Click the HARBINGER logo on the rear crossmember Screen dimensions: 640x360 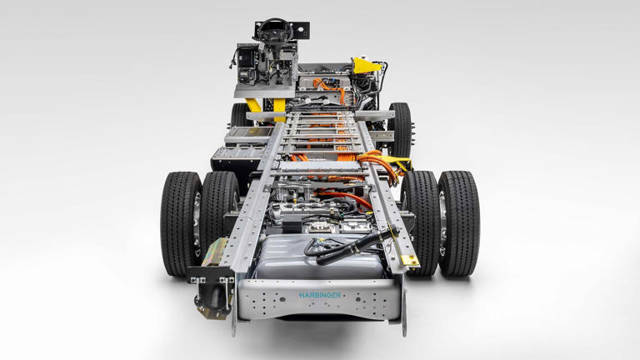point(320,295)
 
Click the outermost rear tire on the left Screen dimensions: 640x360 point(181,223)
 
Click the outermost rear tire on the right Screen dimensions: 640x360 point(458,223)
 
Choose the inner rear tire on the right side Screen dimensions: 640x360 point(421,222)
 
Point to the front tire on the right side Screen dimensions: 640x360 point(401,130)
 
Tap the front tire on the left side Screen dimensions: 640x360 point(241,115)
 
